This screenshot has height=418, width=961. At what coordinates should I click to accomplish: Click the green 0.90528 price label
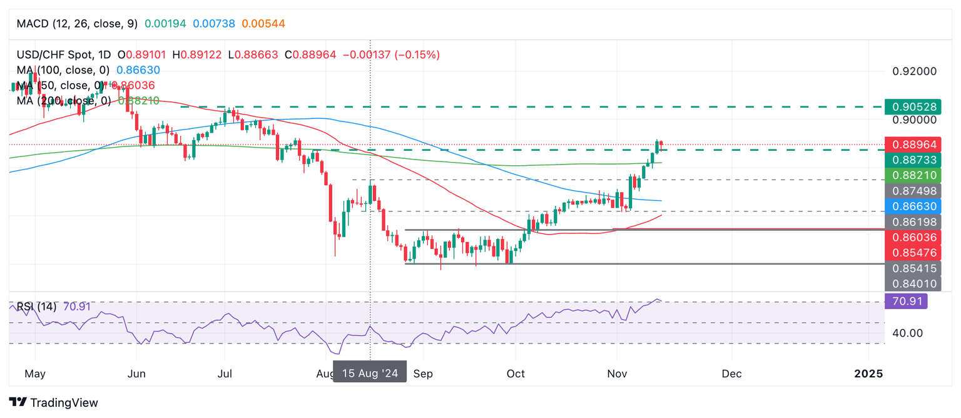pyautogui.click(x=915, y=106)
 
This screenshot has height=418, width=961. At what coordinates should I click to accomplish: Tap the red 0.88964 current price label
pyautogui.click(x=915, y=144)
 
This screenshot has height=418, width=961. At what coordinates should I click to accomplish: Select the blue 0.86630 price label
pyautogui.click(x=915, y=206)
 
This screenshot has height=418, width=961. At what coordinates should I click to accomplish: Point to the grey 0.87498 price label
pyautogui.click(x=915, y=190)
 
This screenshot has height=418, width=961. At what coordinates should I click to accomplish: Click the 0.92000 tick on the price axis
pyautogui.click(x=914, y=71)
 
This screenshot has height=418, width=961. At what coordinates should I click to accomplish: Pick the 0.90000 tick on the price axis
pyautogui.click(x=914, y=120)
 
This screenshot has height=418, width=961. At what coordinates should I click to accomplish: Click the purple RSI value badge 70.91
pyautogui.click(x=906, y=302)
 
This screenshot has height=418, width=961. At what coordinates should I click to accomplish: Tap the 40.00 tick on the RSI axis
pyautogui.click(x=907, y=333)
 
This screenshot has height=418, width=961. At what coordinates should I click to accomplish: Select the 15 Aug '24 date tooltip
pyautogui.click(x=369, y=374)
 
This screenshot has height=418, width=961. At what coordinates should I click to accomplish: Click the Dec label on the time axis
pyautogui.click(x=731, y=374)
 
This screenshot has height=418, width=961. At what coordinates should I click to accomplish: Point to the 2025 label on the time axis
pyautogui.click(x=868, y=374)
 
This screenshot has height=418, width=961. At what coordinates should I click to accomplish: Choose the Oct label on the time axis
pyautogui.click(x=516, y=374)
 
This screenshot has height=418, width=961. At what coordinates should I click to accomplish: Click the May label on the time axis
pyautogui.click(x=35, y=374)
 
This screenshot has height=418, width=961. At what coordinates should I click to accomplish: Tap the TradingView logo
pyautogui.click(x=54, y=402)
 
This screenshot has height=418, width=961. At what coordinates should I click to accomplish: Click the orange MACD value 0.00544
pyautogui.click(x=263, y=24)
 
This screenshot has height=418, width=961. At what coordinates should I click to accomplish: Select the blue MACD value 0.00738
pyautogui.click(x=214, y=24)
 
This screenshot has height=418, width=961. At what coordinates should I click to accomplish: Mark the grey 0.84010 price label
pyautogui.click(x=915, y=283)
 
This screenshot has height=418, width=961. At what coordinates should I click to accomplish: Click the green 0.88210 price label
pyautogui.click(x=915, y=175)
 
